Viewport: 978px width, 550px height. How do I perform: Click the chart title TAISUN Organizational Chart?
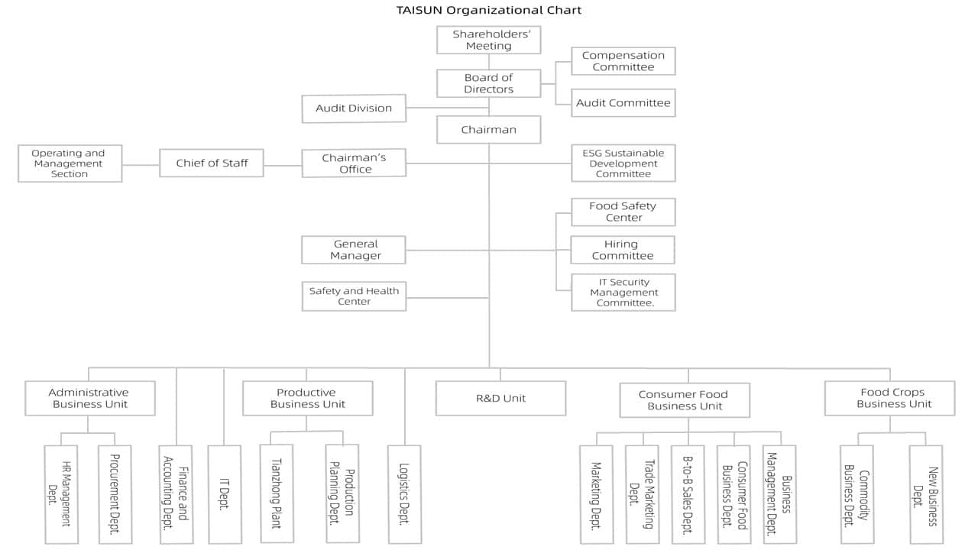point(488,10)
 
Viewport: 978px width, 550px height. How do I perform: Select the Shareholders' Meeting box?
point(488,40)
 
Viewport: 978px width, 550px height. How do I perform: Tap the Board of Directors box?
point(488,83)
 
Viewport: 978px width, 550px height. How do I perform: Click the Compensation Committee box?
point(623,61)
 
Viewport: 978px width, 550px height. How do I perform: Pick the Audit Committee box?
point(623,103)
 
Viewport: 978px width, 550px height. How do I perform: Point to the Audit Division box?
point(354,108)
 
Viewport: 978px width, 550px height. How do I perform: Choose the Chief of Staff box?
point(212,163)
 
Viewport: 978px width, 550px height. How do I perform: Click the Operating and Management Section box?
point(70,163)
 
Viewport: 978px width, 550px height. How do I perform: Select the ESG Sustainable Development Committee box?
point(623,163)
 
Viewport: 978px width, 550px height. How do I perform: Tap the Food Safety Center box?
point(623,212)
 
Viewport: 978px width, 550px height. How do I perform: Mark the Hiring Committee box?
point(623,250)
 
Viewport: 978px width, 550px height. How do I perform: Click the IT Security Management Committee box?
point(623,293)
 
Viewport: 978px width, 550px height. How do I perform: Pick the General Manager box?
point(354,250)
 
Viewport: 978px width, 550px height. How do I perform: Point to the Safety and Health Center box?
point(354,296)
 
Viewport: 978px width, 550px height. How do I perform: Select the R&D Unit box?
point(500,398)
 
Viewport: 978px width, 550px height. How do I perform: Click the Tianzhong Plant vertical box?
point(277,493)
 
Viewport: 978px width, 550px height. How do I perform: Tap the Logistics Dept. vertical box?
point(405,494)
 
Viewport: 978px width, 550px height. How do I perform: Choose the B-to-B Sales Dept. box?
point(688,494)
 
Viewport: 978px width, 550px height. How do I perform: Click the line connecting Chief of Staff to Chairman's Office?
point(283,166)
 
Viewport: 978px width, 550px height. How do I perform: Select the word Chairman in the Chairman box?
point(488,130)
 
